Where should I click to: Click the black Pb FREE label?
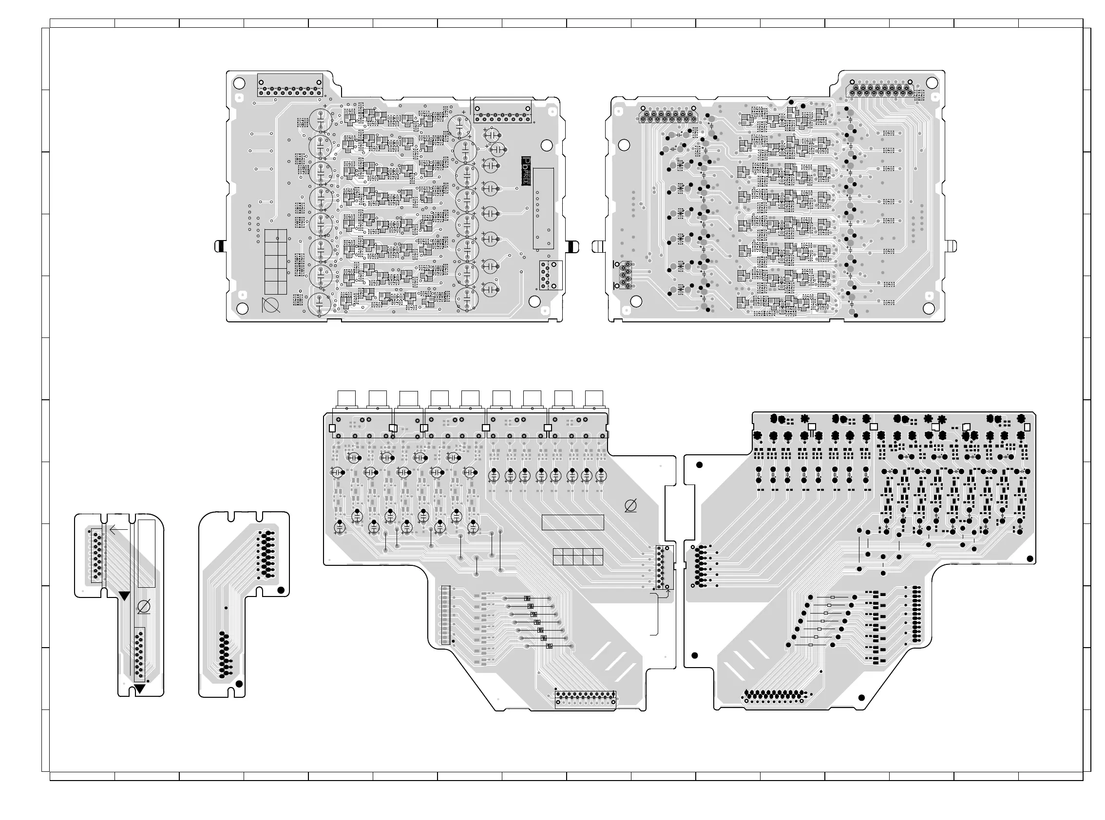[x=525, y=171]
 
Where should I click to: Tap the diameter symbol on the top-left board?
[x=271, y=305]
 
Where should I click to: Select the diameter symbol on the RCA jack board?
[x=630, y=506]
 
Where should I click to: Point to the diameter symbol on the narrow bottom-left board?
[x=144, y=607]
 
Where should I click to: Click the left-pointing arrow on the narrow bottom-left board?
[x=118, y=530]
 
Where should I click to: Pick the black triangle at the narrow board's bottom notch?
[x=139, y=689]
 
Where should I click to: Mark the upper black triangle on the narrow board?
[x=124, y=596]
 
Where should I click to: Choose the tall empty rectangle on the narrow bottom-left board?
[x=147, y=553]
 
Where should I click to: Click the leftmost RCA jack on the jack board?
[x=346, y=399]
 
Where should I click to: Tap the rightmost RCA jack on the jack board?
[x=594, y=399]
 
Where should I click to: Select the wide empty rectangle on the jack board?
[x=572, y=522]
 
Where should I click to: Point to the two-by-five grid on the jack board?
[x=577, y=557]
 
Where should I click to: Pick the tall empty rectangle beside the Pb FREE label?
[x=543, y=208]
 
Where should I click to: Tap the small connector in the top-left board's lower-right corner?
[x=550, y=275]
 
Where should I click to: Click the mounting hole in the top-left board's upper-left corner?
[x=239, y=83]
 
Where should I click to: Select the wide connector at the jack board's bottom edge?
[x=586, y=699]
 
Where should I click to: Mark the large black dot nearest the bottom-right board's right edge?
[x=1030, y=559]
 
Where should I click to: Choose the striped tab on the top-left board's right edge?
[x=572, y=246]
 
